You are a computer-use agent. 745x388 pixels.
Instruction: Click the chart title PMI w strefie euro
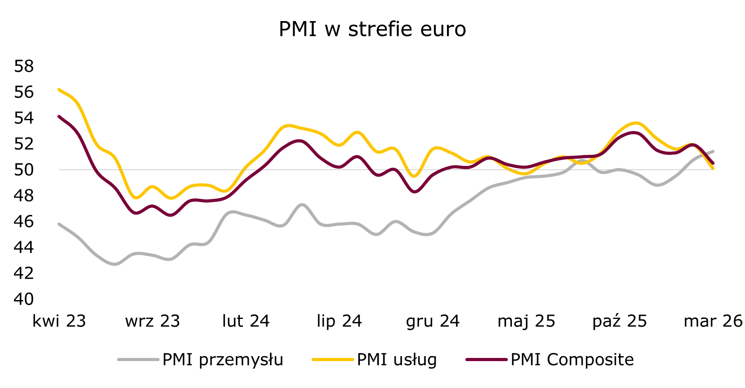pyautogui.click(x=372, y=29)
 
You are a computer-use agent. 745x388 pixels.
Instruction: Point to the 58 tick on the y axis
pyautogui.click(x=24, y=66)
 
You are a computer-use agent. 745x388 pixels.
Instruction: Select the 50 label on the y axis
pyautogui.click(x=24, y=170)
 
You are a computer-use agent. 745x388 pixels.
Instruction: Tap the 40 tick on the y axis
pyautogui.click(x=24, y=299)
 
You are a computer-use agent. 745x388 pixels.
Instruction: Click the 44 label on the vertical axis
pyautogui.click(x=24, y=247)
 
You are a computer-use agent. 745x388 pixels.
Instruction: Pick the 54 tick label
pyautogui.click(x=24, y=118)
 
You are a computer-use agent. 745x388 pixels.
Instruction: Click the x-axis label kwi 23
pyautogui.click(x=59, y=321)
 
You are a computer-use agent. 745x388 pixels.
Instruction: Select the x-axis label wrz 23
pyautogui.click(x=152, y=321)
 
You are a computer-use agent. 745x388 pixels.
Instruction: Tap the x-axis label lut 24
pyautogui.click(x=246, y=321)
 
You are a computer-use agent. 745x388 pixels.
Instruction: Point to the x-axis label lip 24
pyautogui.click(x=339, y=321)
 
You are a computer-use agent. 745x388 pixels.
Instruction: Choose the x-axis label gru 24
pyautogui.click(x=433, y=321)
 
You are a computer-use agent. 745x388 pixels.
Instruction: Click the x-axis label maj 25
pyautogui.click(x=526, y=321)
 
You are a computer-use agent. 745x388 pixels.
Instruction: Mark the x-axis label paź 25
pyautogui.click(x=619, y=321)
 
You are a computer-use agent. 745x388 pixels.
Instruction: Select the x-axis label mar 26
pyautogui.click(x=713, y=321)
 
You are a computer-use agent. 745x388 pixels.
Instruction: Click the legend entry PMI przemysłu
pyautogui.click(x=223, y=360)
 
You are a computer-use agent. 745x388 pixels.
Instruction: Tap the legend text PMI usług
pyautogui.click(x=397, y=360)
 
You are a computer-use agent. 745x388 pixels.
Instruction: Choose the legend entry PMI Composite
pyautogui.click(x=572, y=360)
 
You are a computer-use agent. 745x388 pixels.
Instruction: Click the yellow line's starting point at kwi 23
pyautogui.click(x=59, y=90)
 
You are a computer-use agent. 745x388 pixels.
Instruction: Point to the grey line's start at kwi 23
pyautogui.click(x=59, y=224)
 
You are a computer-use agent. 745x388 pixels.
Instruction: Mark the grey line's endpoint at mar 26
pyautogui.click(x=713, y=151)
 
